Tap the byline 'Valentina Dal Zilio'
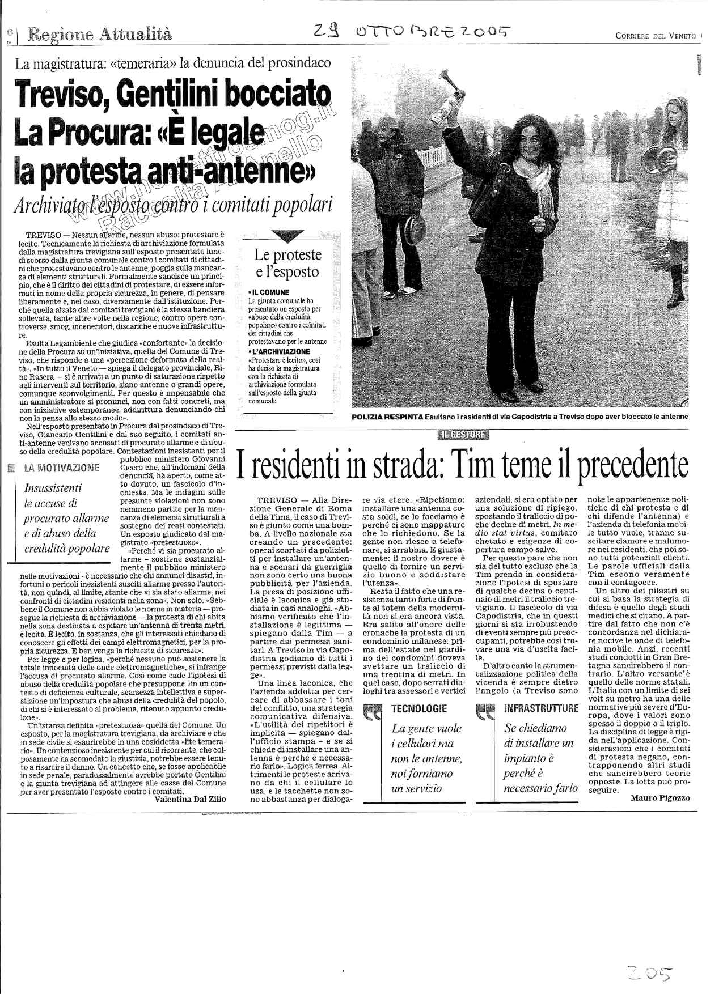(190, 799)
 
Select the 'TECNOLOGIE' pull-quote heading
(419, 708)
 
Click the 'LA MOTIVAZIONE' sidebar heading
(62, 468)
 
